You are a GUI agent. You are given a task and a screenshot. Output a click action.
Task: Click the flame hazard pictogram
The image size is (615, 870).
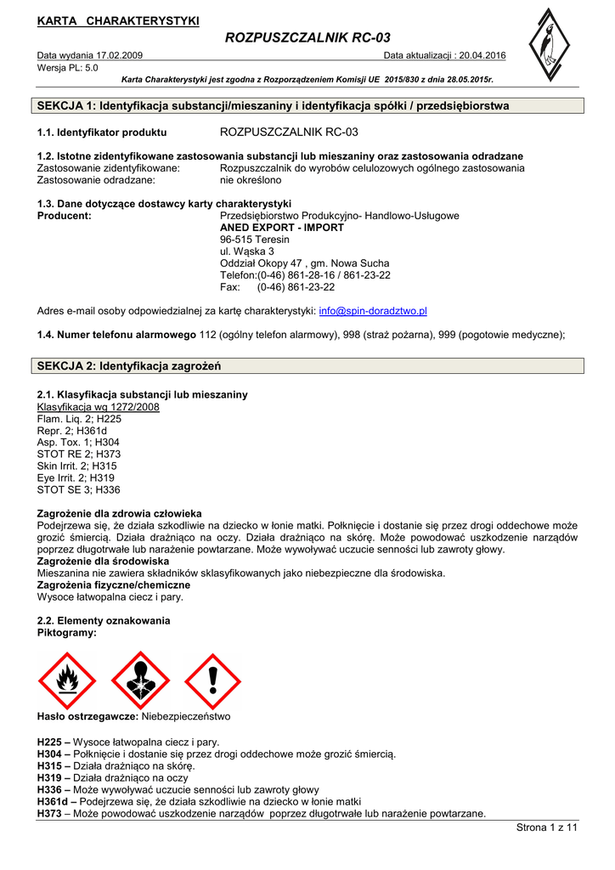67,680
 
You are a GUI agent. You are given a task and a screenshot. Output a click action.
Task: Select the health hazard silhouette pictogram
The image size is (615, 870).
140,680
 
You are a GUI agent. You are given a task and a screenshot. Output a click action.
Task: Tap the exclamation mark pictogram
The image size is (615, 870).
213,680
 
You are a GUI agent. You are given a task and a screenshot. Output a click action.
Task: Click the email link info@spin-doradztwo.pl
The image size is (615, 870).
373,312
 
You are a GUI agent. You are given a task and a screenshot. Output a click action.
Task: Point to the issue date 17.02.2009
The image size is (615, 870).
115,55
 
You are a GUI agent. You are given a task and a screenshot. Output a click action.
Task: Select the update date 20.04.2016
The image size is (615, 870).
482,55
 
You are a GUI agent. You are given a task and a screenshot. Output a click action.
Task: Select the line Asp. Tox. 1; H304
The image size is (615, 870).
78,443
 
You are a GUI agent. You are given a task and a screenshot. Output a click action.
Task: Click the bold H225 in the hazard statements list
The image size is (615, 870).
53,742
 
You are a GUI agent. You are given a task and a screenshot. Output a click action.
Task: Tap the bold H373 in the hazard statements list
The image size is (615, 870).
53,813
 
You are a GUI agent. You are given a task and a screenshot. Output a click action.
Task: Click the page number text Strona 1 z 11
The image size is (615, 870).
546,828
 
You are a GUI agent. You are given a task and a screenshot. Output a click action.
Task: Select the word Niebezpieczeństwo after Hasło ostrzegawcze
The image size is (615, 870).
185,716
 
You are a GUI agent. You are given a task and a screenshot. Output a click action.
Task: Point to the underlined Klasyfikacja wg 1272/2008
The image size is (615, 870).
99,407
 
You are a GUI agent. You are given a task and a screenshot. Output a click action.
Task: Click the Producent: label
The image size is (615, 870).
65,216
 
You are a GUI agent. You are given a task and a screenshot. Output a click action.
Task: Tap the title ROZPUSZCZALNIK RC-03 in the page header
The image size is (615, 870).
307,38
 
